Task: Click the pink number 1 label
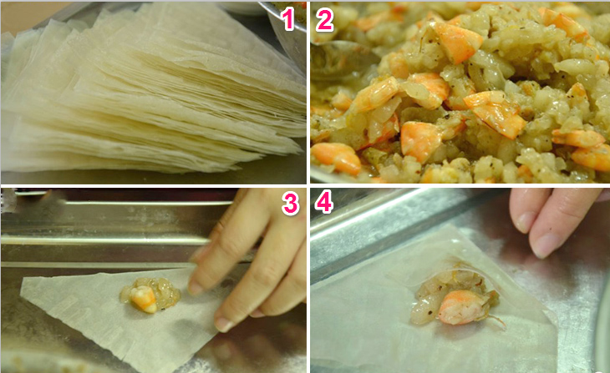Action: coord(288,19)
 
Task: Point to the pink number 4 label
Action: coord(323,204)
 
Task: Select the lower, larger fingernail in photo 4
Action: coord(546,244)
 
